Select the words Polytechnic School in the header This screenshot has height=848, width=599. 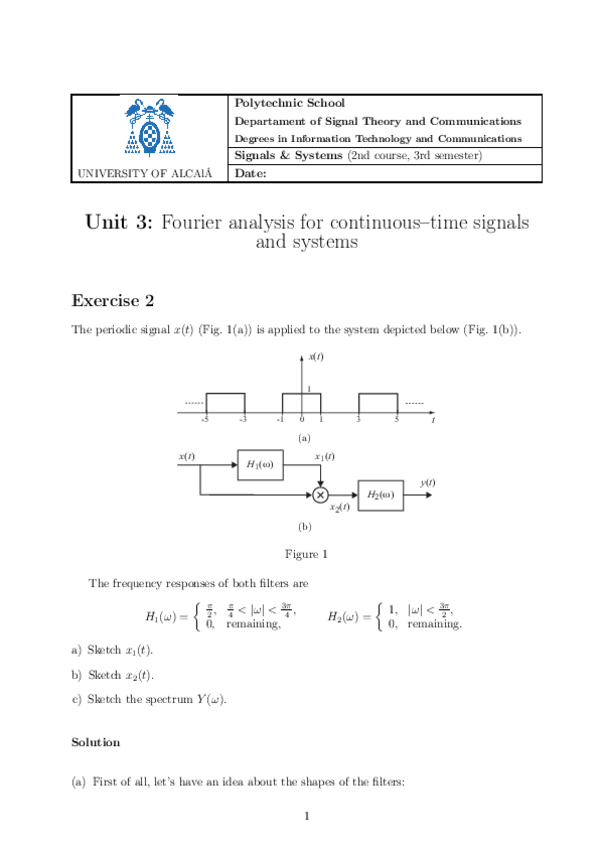click(289, 103)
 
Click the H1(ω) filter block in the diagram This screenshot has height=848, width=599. click(260, 465)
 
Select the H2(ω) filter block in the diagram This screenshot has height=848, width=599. click(381, 494)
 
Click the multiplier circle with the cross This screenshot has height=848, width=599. click(320, 494)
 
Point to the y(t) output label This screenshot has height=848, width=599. click(428, 483)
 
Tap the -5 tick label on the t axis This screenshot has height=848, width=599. click(204, 419)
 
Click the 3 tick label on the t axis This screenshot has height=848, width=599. click(358, 419)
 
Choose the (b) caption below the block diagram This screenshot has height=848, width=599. click(305, 525)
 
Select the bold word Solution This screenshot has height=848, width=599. click(96, 742)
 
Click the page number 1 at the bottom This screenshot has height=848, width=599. click(308, 817)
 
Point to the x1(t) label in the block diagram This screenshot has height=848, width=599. click(324, 456)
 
